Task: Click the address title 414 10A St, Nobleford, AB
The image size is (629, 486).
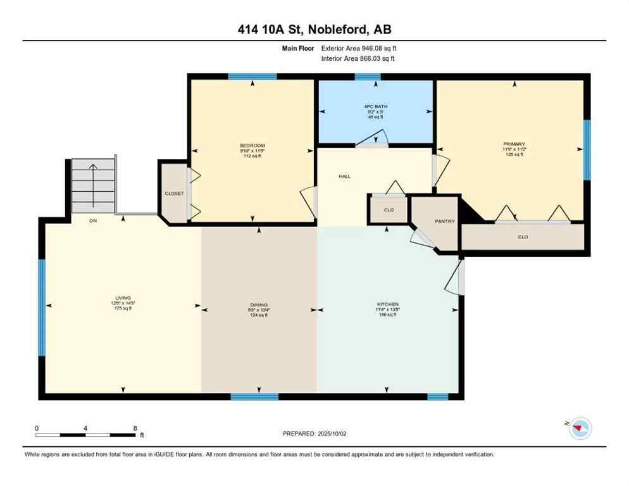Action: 314,30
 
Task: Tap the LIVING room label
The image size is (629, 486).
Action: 122,297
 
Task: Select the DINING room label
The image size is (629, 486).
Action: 258,304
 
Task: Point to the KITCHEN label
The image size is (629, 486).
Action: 387,304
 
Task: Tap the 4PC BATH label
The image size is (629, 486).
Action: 376,106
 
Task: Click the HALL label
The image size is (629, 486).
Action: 344,177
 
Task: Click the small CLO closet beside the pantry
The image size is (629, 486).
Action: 389,209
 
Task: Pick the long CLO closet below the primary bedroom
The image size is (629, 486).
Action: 523,237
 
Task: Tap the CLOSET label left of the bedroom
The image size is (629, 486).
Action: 174,194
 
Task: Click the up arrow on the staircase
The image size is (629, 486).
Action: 93,184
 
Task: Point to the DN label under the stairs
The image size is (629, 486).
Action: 92,221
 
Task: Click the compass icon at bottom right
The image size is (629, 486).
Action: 579,429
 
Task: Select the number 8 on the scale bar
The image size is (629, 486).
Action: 135,428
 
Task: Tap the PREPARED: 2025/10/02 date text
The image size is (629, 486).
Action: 315,433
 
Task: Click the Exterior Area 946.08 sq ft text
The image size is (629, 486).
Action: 359,48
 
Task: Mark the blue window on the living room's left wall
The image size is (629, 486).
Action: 42,308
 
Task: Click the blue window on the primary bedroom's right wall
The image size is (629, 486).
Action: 587,150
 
